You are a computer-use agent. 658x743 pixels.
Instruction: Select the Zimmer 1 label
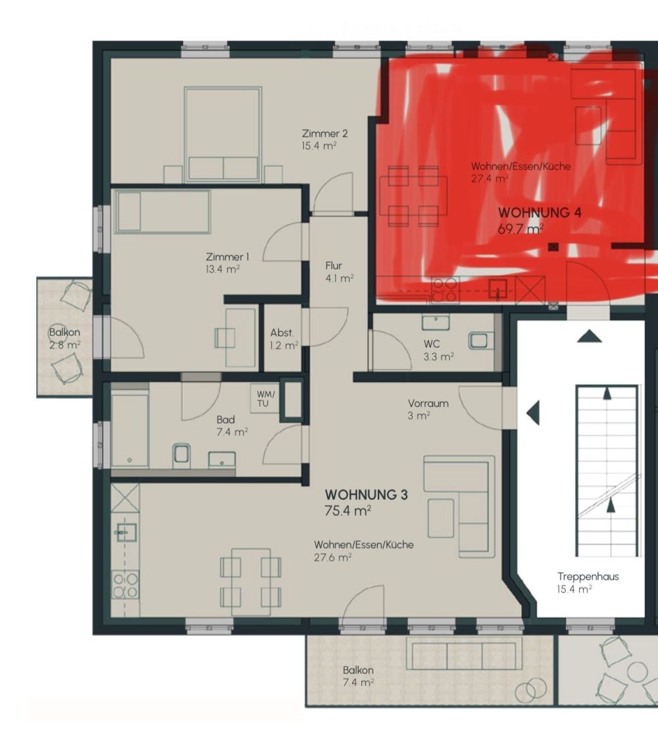[227, 257]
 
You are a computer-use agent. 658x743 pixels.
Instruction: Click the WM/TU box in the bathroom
[267, 398]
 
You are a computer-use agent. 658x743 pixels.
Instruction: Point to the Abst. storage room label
[282, 333]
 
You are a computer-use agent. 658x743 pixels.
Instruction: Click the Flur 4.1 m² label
[338, 272]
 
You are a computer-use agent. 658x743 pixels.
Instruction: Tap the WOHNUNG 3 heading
[366, 494]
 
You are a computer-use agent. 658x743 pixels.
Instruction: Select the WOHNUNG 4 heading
[540, 213]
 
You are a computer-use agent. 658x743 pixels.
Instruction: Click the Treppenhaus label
[588, 577]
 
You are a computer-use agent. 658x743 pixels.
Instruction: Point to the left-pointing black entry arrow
[533, 413]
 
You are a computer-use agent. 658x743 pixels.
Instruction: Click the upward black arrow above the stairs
[589, 337]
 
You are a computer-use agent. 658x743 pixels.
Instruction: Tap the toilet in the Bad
[182, 454]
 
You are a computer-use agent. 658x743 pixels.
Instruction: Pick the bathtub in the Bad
[130, 429]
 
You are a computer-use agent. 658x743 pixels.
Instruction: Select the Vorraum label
[428, 403]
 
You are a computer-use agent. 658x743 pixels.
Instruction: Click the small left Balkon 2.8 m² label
[64, 338]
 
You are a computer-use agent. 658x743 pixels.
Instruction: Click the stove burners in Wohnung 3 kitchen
[125, 585]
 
